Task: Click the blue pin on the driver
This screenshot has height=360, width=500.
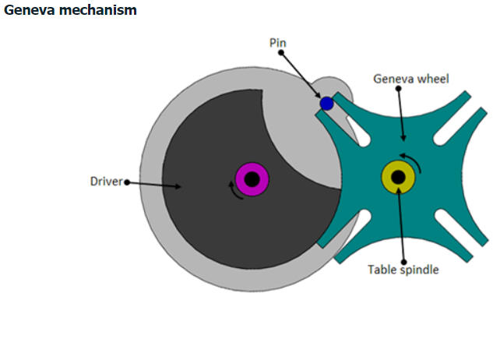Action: [327, 104]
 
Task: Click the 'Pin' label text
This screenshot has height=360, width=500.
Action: [278, 41]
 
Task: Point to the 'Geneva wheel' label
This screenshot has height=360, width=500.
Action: [410, 78]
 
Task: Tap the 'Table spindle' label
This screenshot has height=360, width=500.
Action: [403, 270]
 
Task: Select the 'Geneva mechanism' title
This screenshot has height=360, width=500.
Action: [70, 10]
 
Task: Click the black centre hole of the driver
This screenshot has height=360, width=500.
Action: [252, 180]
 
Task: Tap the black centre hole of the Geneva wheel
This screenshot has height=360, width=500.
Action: [398, 178]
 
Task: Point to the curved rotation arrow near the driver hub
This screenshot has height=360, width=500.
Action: [234, 189]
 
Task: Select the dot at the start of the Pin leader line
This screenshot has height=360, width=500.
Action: [280, 53]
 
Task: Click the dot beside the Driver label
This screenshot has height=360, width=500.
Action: [127, 182]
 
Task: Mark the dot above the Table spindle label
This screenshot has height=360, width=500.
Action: [404, 260]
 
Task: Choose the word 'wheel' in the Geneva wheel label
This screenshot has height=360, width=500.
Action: [433, 78]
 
